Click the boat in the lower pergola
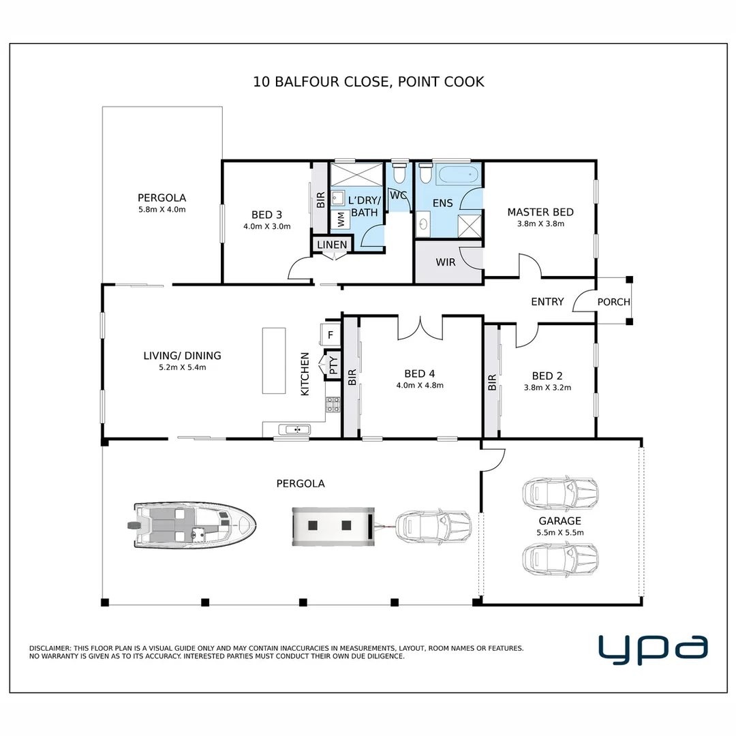click(x=191, y=526)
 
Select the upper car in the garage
click(x=560, y=493)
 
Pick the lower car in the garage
click(x=560, y=559)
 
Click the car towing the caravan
click(x=433, y=526)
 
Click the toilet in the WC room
click(x=399, y=172)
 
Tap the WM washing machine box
click(x=341, y=219)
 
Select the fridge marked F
click(x=331, y=335)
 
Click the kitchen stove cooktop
click(x=333, y=405)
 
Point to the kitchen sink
click(x=294, y=429)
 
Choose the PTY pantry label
click(x=333, y=365)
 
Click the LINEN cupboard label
click(x=332, y=245)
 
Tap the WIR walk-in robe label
click(x=446, y=262)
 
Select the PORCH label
click(x=613, y=302)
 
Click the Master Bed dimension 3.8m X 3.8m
click(x=540, y=224)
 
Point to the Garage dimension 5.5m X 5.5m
click(x=560, y=533)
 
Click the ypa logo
click(x=653, y=649)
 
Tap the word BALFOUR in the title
click(x=307, y=82)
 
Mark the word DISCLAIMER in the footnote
click(x=50, y=648)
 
